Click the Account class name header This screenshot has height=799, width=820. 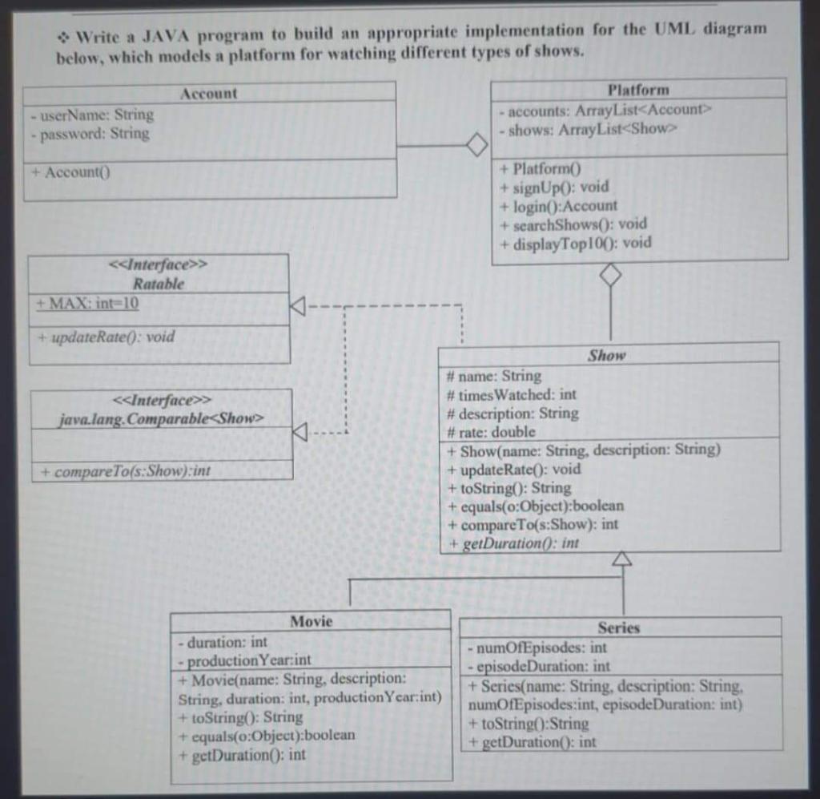click(x=209, y=93)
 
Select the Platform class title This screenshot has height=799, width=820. click(x=638, y=90)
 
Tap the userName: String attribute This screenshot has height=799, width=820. click(x=90, y=115)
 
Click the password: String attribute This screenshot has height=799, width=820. click(x=88, y=134)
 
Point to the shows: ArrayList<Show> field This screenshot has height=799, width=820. click(x=589, y=129)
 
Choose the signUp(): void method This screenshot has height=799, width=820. click(x=554, y=187)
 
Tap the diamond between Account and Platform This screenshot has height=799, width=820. click(x=476, y=146)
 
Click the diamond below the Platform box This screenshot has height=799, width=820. click(x=611, y=274)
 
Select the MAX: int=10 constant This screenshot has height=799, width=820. click(x=88, y=304)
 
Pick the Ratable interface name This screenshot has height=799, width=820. click(x=159, y=284)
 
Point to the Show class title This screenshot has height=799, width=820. click(x=607, y=355)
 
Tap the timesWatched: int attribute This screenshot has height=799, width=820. click(x=512, y=394)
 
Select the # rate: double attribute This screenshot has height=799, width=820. click(x=492, y=431)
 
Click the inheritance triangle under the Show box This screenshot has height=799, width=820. click(x=622, y=559)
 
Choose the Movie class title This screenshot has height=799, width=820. click(x=311, y=621)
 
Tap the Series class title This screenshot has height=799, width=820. click(x=619, y=627)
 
